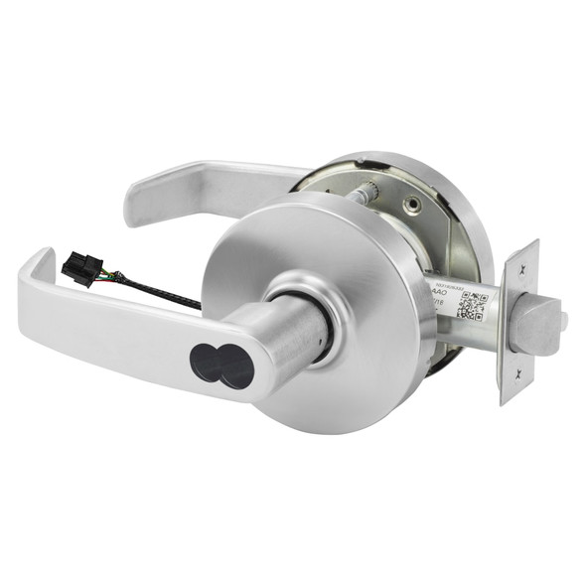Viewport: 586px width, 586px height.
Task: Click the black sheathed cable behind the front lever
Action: [x=159, y=290]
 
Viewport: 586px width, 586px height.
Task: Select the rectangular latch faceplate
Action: [x=519, y=320]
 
